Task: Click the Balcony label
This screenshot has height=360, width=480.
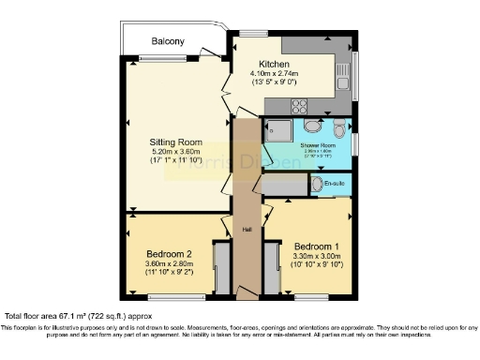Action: coord(170,42)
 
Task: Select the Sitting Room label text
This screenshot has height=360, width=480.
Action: coord(177,142)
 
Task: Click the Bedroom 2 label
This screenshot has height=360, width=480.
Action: coord(169,254)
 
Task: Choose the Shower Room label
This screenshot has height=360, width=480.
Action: coord(315,146)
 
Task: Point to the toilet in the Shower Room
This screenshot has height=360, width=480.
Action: coord(339,129)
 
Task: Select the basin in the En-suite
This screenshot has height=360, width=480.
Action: coord(318,182)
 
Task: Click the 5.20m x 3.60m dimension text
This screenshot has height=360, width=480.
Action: coord(177,152)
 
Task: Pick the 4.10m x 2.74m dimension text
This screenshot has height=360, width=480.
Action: coord(275,73)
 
